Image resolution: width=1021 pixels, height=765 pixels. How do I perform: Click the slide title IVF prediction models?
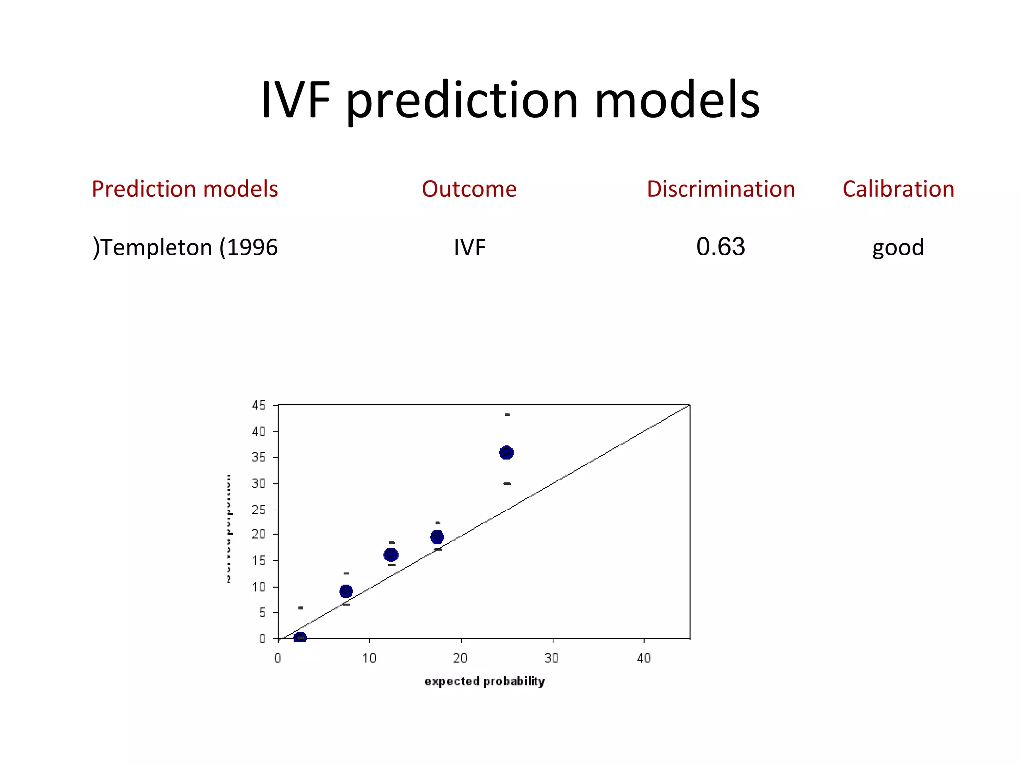pyautogui.click(x=510, y=100)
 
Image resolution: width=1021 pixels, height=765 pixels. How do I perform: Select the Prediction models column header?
pyautogui.click(x=184, y=189)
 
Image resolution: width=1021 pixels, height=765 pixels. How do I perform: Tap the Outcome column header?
pyautogui.click(x=469, y=189)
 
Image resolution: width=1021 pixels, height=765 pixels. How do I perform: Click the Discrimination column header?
pyautogui.click(x=720, y=189)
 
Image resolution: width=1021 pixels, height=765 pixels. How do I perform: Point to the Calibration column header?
pyautogui.click(x=898, y=189)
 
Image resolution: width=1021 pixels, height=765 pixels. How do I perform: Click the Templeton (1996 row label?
pyautogui.click(x=185, y=247)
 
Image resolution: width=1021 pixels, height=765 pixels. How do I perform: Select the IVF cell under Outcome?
pyautogui.click(x=469, y=247)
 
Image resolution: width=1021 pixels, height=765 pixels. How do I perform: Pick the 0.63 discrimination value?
pyautogui.click(x=720, y=247)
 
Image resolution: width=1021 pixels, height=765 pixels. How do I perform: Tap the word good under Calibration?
pyautogui.click(x=898, y=247)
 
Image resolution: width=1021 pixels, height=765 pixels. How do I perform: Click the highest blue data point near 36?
pyautogui.click(x=506, y=452)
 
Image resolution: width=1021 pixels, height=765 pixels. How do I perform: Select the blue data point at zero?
pyautogui.click(x=300, y=637)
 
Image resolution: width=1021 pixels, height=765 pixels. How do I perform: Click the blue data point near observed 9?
pyautogui.click(x=346, y=591)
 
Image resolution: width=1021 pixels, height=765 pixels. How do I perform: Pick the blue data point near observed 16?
pyautogui.click(x=391, y=554)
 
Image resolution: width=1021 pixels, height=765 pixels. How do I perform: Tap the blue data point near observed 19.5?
pyautogui.click(x=437, y=537)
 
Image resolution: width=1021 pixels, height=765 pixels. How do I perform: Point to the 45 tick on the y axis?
pyautogui.click(x=259, y=405)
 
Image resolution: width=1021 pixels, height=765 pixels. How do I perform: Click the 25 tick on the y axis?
pyautogui.click(x=259, y=510)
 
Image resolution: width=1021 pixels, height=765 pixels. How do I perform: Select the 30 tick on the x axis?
pyautogui.click(x=551, y=658)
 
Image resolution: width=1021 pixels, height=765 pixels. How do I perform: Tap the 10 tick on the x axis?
pyautogui.click(x=369, y=658)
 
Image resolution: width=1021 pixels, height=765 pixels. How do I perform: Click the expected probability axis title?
pyautogui.click(x=485, y=681)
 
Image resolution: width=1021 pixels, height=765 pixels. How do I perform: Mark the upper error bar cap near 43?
pyautogui.click(x=507, y=414)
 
